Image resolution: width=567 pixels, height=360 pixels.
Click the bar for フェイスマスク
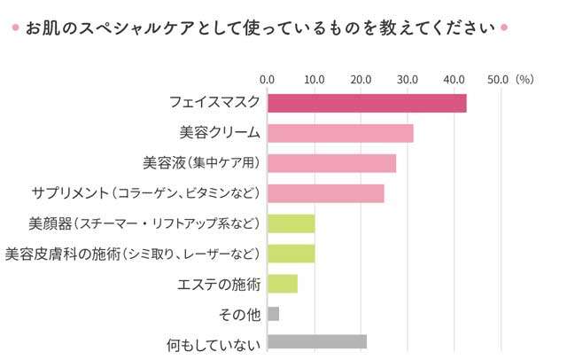click(367, 103)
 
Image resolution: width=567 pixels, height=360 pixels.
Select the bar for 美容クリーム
click(340, 133)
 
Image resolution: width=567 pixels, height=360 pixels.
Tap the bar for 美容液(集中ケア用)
click(331, 163)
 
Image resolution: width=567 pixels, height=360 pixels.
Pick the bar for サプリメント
click(325, 193)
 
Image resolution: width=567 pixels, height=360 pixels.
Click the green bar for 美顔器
click(291, 223)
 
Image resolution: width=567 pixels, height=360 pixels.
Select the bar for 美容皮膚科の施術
click(291, 254)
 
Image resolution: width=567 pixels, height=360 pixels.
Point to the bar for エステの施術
click(282, 284)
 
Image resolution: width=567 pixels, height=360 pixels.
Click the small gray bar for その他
click(273, 314)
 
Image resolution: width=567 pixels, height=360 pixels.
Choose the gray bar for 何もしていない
click(316, 343)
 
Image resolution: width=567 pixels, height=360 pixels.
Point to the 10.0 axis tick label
click(315, 80)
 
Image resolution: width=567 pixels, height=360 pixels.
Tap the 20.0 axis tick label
click(361, 80)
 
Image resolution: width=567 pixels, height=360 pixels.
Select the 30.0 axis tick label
click(408, 80)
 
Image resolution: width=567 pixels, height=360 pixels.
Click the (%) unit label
click(524, 80)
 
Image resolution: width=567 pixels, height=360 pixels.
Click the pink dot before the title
click(16, 27)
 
